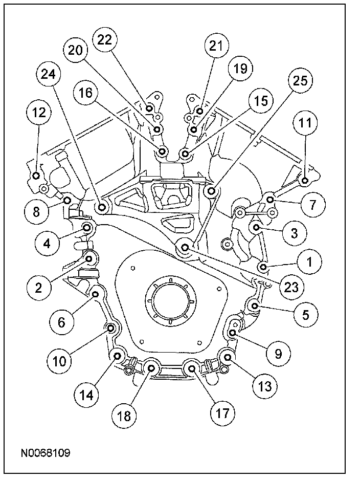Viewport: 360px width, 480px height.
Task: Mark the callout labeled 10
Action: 60,361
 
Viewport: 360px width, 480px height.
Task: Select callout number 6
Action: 61,321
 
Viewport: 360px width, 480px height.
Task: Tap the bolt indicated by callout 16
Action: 163,151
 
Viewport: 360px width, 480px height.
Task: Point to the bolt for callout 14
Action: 118,356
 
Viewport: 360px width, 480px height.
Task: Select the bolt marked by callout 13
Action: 228,355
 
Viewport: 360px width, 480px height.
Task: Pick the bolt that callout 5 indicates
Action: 255,306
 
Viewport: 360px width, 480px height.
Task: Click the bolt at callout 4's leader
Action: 87,228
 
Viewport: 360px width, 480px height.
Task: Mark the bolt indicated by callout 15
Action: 185,152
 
